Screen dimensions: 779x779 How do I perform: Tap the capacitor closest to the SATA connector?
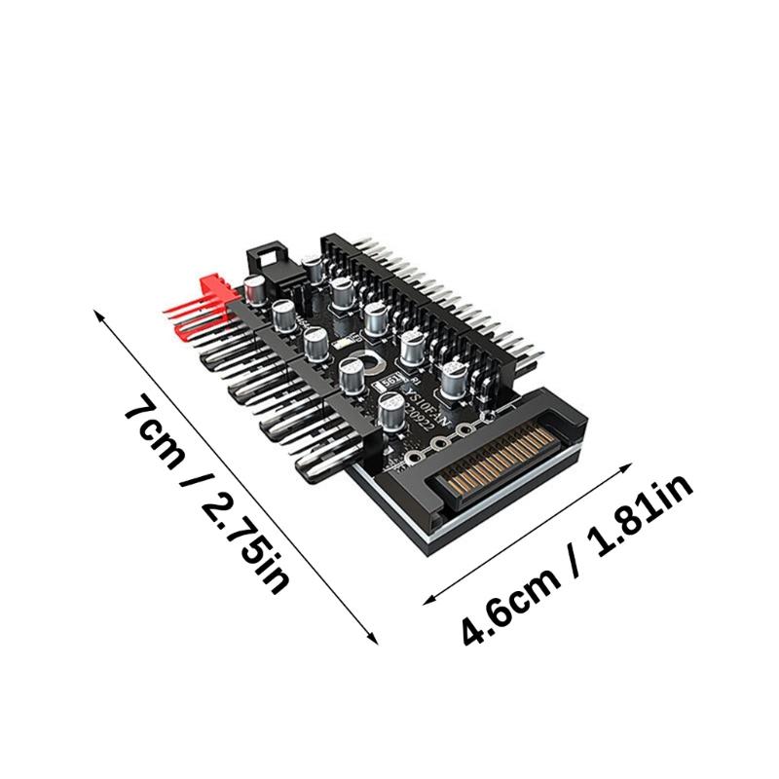point(454,380)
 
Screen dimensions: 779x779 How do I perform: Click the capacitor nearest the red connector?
point(255,289)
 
